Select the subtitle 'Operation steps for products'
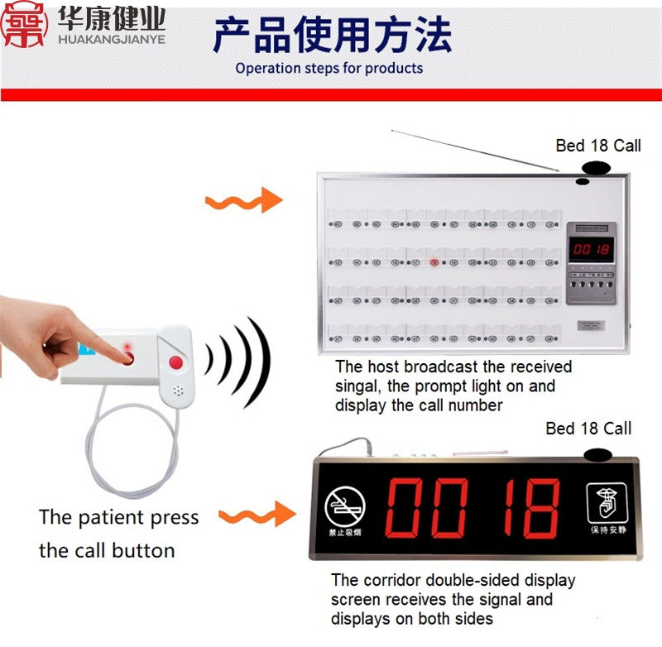(329, 69)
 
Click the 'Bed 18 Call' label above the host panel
(597, 146)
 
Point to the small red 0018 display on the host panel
(592, 249)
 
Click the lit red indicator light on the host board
(434, 263)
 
